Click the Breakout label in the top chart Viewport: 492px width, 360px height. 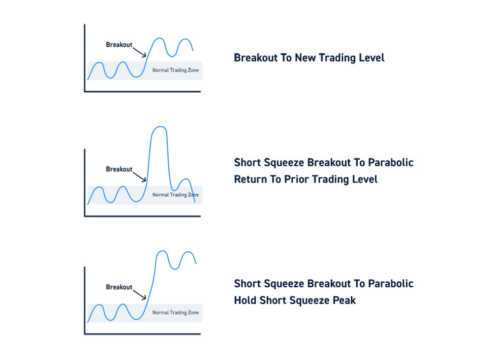119,45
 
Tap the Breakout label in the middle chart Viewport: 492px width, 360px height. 119,169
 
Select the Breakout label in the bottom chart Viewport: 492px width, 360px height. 119,287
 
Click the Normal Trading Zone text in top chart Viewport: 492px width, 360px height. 176,70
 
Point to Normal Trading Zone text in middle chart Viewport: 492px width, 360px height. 176,195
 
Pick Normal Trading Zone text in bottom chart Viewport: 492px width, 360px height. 176,313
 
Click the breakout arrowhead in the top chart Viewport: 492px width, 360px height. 144,56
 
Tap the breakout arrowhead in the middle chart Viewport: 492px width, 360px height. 144,180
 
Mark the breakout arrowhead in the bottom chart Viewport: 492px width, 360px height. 144,298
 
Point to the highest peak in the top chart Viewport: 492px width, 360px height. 160,38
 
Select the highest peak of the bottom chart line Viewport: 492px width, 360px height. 161,251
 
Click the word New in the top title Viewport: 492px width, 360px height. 306,58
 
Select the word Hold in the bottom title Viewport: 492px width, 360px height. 246,300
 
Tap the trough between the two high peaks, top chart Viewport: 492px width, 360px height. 172,56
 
